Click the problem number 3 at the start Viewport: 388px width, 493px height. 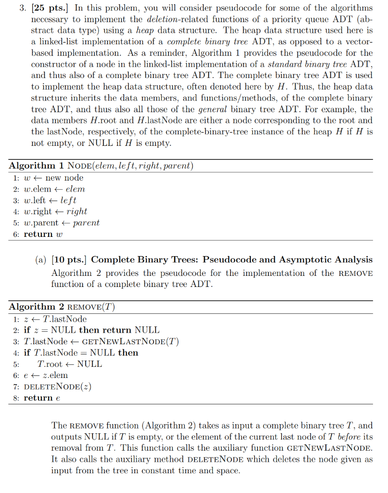tap(21, 8)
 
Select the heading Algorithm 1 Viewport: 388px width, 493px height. tap(37, 166)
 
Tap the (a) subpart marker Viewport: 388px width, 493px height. tap(41, 260)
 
